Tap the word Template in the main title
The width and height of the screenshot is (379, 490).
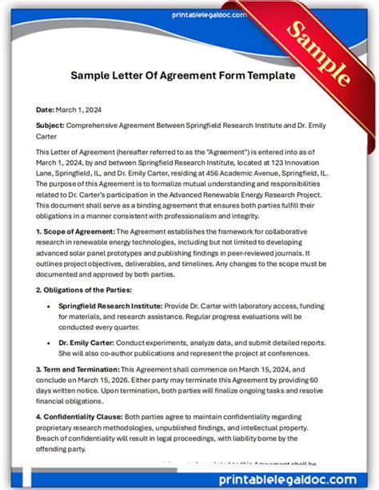point(265,75)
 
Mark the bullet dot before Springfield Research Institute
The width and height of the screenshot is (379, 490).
point(50,306)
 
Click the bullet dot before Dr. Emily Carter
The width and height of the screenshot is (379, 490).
point(50,342)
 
